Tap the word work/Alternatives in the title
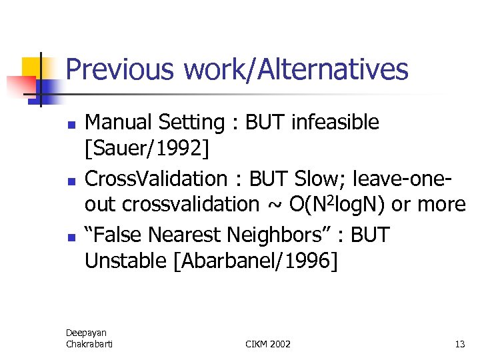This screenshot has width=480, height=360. tap(296, 69)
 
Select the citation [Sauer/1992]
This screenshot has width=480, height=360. tap(147, 150)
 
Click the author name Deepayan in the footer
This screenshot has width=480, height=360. tap(86, 333)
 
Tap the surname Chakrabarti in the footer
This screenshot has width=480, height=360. tap(89, 343)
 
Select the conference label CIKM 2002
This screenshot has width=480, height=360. tap(268, 344)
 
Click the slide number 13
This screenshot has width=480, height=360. tap(459, 344)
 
